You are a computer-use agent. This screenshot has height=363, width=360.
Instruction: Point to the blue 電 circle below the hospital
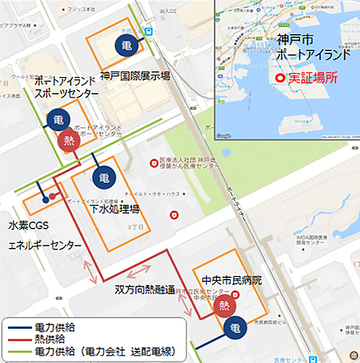coord(236,328)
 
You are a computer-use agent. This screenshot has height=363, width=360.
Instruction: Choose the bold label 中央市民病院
coord(232,280)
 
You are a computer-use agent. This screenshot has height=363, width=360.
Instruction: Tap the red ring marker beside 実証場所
coord(280,79)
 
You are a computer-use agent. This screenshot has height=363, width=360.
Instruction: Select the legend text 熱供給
coord(49,339)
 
